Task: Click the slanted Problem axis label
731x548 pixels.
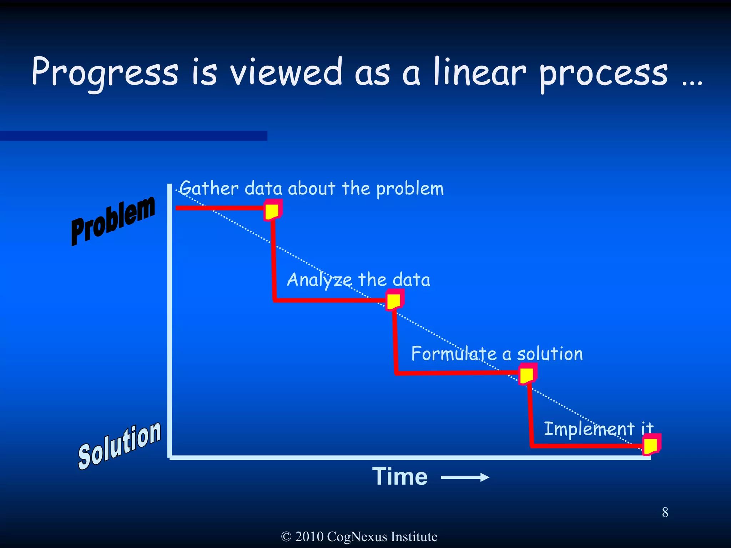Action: (x=113, y=221)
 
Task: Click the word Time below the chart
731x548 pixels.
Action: (x=400, y=477)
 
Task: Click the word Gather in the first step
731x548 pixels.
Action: (x=209, y=188)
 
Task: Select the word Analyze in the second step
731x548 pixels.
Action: (x=319, y=280)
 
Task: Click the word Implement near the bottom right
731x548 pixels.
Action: (x=589, y=429)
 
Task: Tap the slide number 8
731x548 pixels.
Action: (x=665, y=512)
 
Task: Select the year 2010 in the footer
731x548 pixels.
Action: (x=309, y=537)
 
